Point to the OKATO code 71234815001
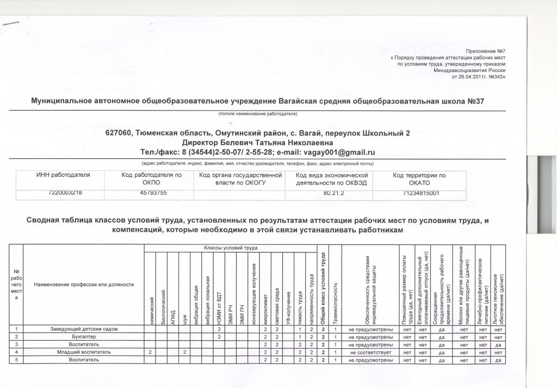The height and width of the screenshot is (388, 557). click(419, 193)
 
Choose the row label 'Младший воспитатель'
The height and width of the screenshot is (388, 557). click(83, 352)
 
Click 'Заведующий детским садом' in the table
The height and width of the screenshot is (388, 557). click(83, 329)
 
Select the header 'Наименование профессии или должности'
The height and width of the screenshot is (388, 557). click(83, 285)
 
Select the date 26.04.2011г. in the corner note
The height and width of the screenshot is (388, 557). click(470, 77)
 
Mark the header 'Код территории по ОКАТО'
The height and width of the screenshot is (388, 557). click(419, 179)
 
